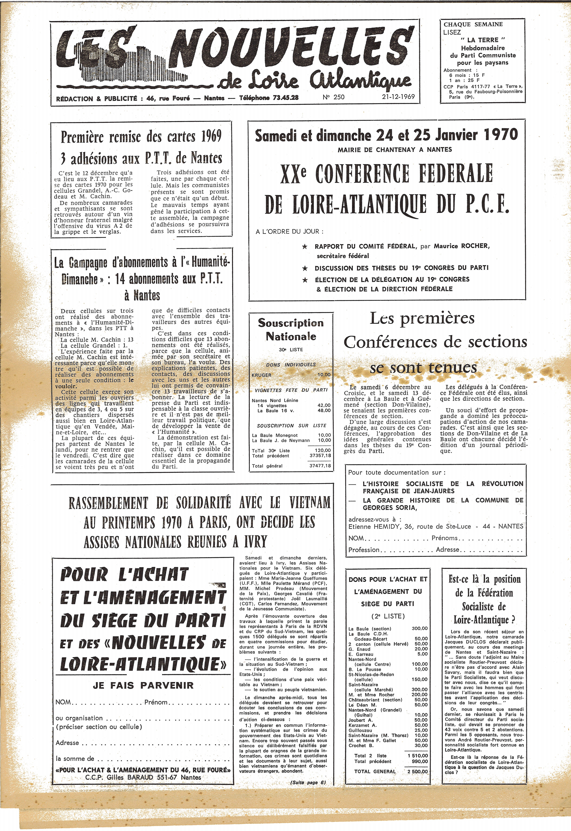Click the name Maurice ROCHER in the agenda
coord(462,246)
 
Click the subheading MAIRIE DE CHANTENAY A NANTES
coord(395,150)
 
